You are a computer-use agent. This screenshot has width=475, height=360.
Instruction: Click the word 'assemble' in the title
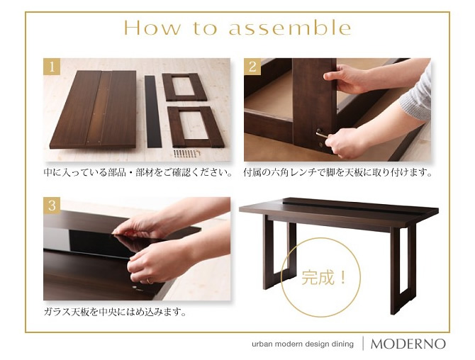tap(290, 28)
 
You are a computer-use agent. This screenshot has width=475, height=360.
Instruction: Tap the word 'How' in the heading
tap(152, 28)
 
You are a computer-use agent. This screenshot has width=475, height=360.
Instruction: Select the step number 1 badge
tap(52, 67)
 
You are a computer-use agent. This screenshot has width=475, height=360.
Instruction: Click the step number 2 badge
tap(252, 67)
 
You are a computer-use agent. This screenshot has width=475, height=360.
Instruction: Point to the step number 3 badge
tap(52, 206)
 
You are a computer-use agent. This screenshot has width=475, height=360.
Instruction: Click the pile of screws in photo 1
tap(186, 153)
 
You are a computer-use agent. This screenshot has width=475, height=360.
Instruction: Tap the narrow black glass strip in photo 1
tap(152, 111)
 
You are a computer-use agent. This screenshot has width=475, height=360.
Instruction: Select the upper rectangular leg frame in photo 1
tap(184, 87)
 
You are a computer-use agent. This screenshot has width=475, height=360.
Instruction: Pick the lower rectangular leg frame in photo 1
tap(196, 127)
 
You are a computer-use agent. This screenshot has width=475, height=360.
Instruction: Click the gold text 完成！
tap(323, 278)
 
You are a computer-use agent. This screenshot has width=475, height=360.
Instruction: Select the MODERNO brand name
tap(408, 344)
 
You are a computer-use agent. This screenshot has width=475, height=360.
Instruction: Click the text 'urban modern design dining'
tap(303, 344)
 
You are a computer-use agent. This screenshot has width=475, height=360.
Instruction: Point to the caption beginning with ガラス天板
tap(115, 312)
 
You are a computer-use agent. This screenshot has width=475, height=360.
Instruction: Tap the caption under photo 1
tap(138, 173)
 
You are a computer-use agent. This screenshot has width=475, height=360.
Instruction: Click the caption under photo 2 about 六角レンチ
tap(338, 173)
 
